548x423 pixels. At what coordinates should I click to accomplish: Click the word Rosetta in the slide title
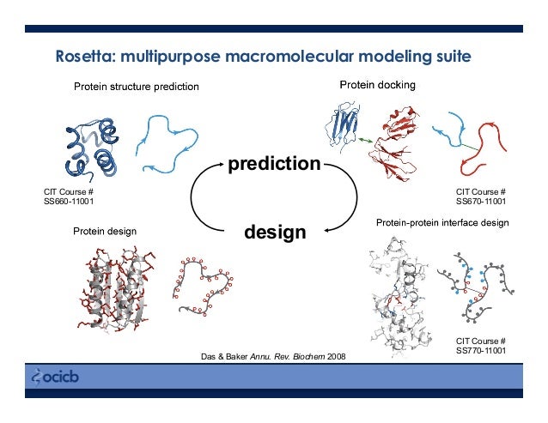coord(84,58)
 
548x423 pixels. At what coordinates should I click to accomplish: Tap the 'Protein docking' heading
coord(378,85)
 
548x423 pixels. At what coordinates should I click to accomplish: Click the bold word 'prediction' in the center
coord(273,162)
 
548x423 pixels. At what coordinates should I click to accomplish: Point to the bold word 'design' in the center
coord(275,233)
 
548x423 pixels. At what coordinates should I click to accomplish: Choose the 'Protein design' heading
coord(104,231)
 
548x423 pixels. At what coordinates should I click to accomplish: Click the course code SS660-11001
coord(69,202)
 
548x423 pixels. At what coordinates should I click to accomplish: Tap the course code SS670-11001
coord(480,202)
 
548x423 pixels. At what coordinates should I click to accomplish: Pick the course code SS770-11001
coord(480,351)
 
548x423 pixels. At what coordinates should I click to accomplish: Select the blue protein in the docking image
coord(345,124)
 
